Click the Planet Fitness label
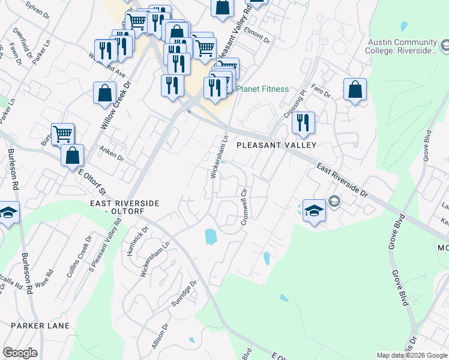coord(262,89)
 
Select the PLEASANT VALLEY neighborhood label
coord(276,145)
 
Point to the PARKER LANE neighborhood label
coord(40,325)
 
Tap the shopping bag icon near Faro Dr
coord(355,89)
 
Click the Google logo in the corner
coord(20,353)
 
